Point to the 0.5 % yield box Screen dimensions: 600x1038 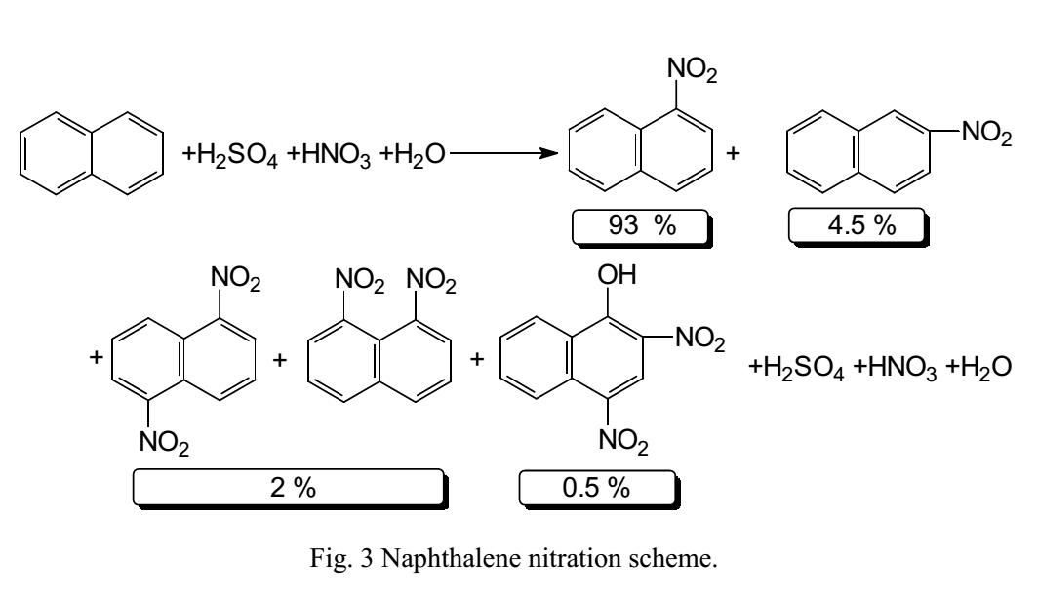pyautogui.click(x=596, y=489)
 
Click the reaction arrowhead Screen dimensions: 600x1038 pyautogui.click(x=554, y=154)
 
